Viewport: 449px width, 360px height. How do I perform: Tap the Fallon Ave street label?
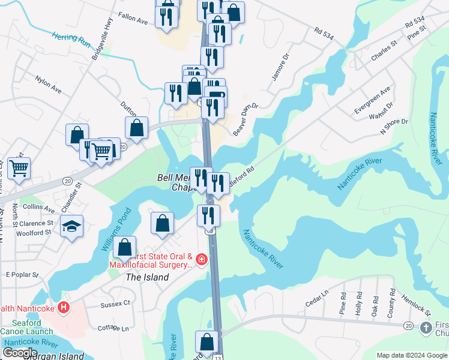133,20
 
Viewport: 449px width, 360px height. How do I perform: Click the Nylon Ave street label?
48,84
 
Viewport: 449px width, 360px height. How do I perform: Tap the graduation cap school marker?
72,227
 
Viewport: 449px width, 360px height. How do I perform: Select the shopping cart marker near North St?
19,169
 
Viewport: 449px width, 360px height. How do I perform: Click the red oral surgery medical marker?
202,260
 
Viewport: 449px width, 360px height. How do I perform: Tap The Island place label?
146,277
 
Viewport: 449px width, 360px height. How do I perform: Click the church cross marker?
426,328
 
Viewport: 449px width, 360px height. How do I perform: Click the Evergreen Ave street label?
372,100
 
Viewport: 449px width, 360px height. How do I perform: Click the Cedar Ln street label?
317,299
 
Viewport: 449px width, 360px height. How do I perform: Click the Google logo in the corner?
20,353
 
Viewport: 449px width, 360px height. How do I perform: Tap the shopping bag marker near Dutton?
137,127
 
